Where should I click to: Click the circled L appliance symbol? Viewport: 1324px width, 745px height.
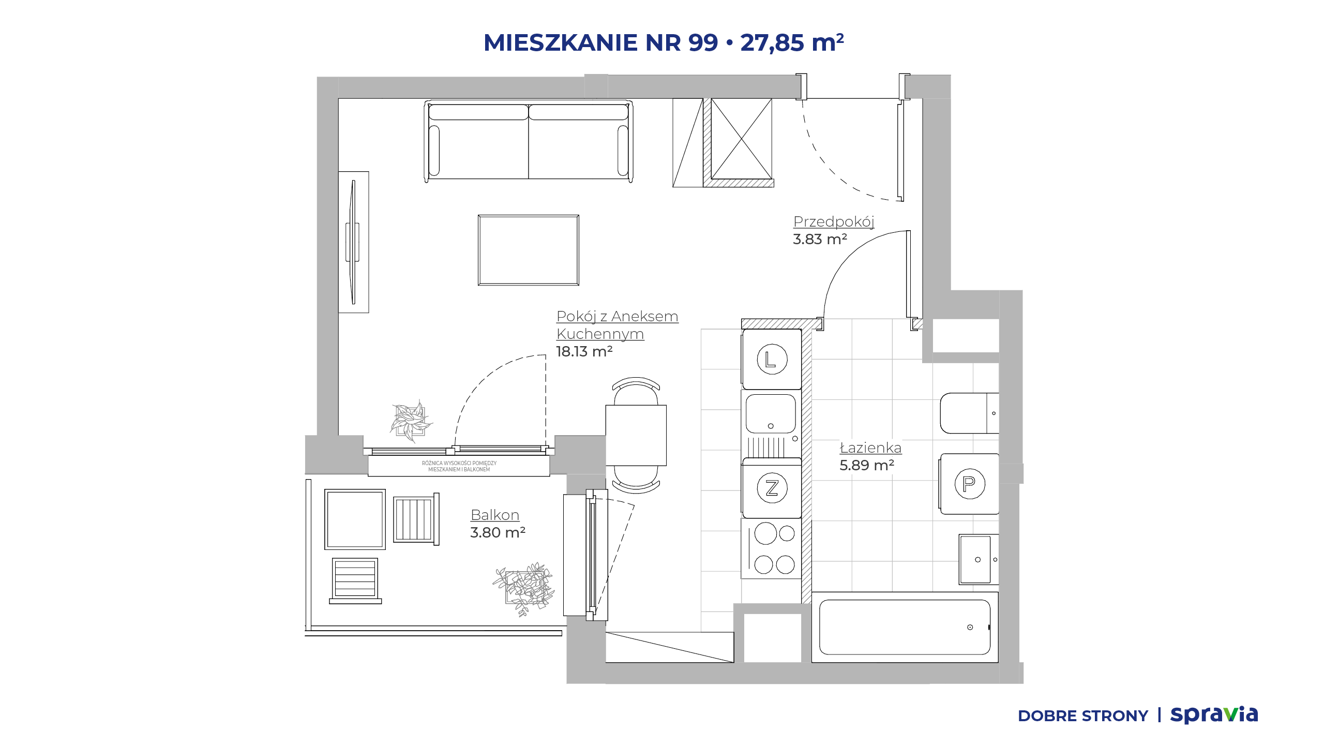click(772, 359)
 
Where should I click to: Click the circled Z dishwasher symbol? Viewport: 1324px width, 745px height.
click(772, 488)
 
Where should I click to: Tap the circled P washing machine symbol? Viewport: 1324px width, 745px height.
click(969, 484)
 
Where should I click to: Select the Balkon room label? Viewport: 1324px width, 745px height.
click(495, 515)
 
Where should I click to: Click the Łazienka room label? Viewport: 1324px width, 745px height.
click(870, 448)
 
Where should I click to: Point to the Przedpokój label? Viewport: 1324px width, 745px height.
click(834, 222)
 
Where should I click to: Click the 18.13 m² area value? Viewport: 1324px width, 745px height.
click(584, 352)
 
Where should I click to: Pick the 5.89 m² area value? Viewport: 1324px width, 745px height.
click(867, 466)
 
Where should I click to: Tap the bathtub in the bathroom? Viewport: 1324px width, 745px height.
click(905, 627)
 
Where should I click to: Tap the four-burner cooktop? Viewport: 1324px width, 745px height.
click(772, 548)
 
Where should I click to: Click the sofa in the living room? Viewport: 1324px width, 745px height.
click(529, 141)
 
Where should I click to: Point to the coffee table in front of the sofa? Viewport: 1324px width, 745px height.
click(529, 250)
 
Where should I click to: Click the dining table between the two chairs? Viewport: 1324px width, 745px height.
click(636, 435)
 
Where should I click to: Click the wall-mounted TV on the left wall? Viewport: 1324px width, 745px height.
click(353, 242)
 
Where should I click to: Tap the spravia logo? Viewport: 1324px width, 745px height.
click(1214, 715)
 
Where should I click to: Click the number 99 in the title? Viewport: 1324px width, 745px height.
click(703, 42)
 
